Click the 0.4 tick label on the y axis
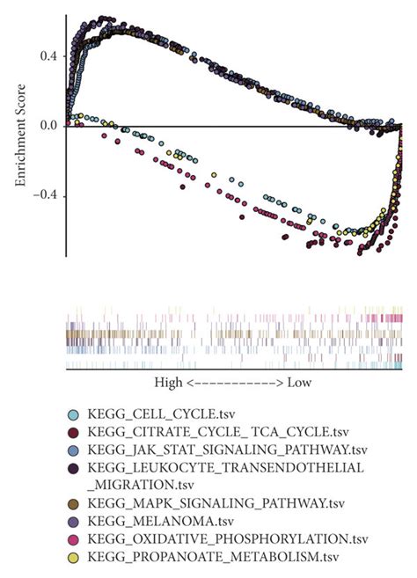coord(48,55)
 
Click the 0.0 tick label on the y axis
coord(48,125)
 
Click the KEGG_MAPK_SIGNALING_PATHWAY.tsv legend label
coord(209,502)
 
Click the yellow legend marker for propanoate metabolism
coord(74,556)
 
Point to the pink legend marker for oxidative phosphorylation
coord(74,538)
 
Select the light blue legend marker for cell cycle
coord(74,413)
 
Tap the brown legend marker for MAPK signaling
coord(74,503)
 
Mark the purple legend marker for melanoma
coord(74,521)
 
